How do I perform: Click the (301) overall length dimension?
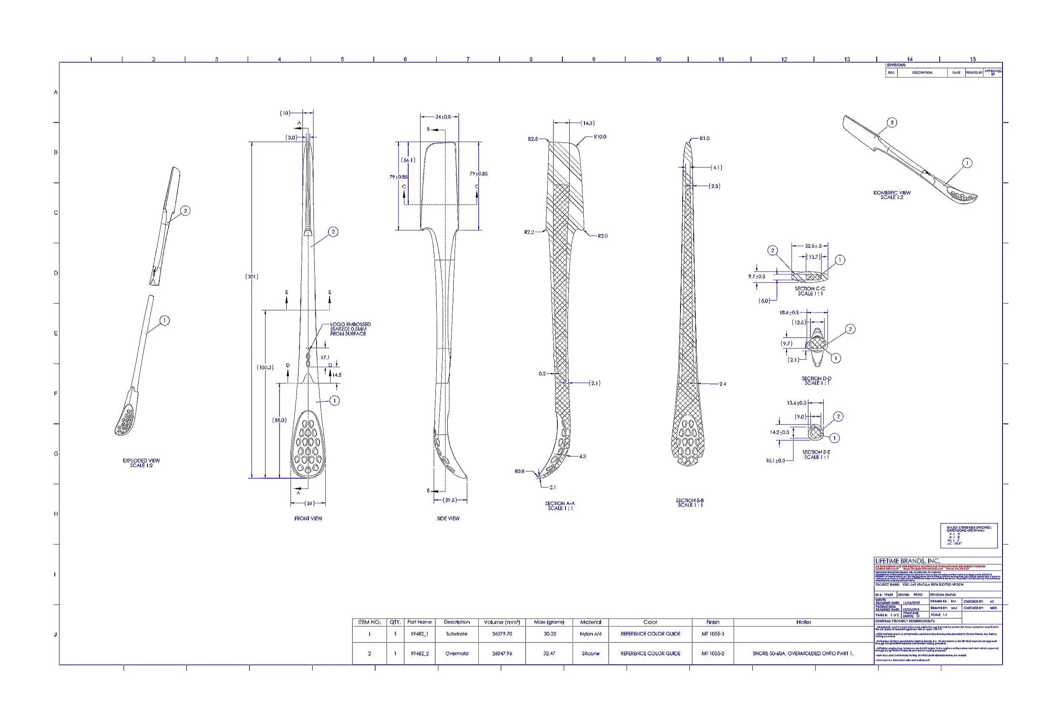(x=251, y=276)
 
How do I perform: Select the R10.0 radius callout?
(x=600, y=137)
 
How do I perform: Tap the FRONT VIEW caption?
(x=308, y=518)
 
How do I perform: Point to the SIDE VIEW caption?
(x=448, y=518)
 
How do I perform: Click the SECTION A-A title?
(x=559, y=506)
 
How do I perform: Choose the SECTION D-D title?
(x=816, y=381)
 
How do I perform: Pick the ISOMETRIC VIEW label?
(x=891, y=195)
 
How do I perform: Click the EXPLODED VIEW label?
(x=141, y=463)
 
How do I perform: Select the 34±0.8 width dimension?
(x=443, y=117)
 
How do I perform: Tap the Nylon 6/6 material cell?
(x=590, y=634)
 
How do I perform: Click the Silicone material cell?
(x=590, y=653)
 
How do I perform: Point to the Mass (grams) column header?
(x=549, y=622)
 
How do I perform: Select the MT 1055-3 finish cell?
(x=713, y=634)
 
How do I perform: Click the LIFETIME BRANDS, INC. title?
(x=908, y=561)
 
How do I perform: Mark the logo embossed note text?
(x=350, y=329)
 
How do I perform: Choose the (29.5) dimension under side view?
(x=450, y=500)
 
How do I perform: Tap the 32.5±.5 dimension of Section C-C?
(x=813, y=246)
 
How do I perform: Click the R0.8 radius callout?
(x=520, y=471)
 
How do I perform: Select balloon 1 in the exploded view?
(x=165, y=320)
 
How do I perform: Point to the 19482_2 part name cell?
(x=419, y=653)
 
